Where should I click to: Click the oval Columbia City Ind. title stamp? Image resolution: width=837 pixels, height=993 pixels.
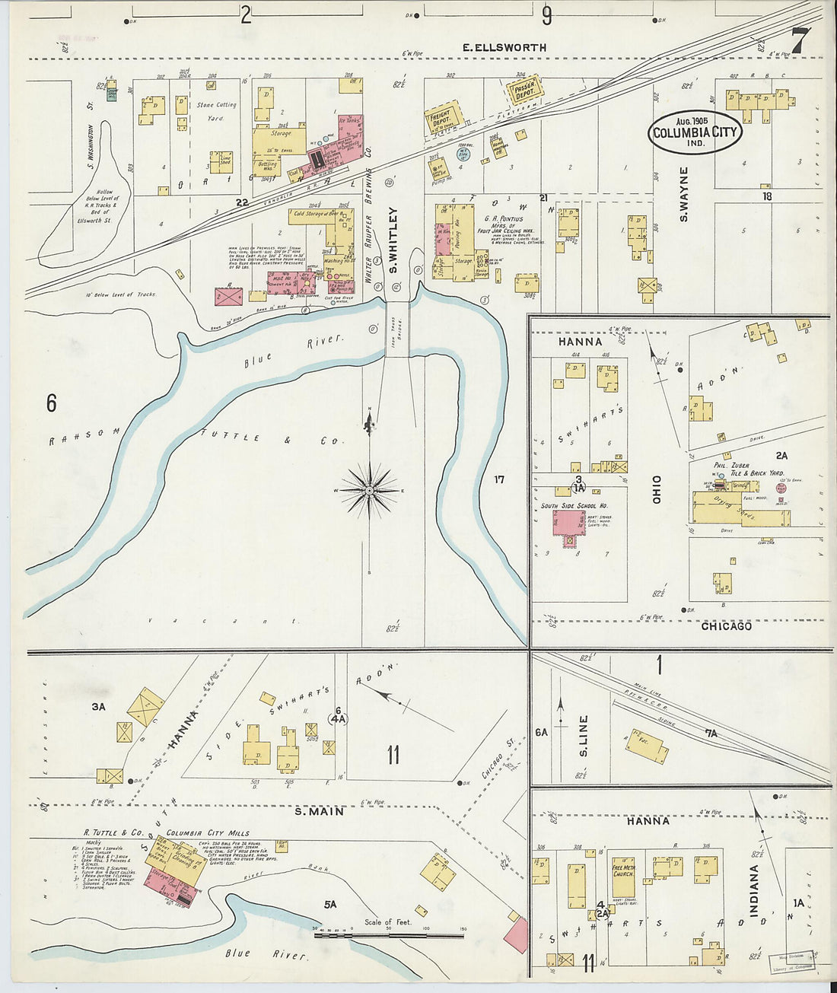tap(695, 132)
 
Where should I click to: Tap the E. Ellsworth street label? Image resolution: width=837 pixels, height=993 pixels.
tap(505, 47)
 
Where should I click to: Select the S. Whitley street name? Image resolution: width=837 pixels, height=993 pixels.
tap(393, 240)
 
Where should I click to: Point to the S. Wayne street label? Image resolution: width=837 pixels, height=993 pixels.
tap(683, 195)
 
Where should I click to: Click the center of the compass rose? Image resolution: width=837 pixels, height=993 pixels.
tap(369, 491)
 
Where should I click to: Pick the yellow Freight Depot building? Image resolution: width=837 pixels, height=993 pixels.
tap(442, 120)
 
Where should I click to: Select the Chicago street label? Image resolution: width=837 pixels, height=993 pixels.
tap(726, 625)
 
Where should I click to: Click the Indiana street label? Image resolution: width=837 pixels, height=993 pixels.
tap(755, 890)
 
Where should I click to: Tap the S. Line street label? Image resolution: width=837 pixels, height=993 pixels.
tap(584, 737)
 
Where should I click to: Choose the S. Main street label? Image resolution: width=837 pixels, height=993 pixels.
tap(320, 811)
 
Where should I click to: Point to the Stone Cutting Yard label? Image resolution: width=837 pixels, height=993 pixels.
tap(217, 111)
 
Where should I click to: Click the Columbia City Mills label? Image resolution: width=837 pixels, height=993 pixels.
tap(208, 832)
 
